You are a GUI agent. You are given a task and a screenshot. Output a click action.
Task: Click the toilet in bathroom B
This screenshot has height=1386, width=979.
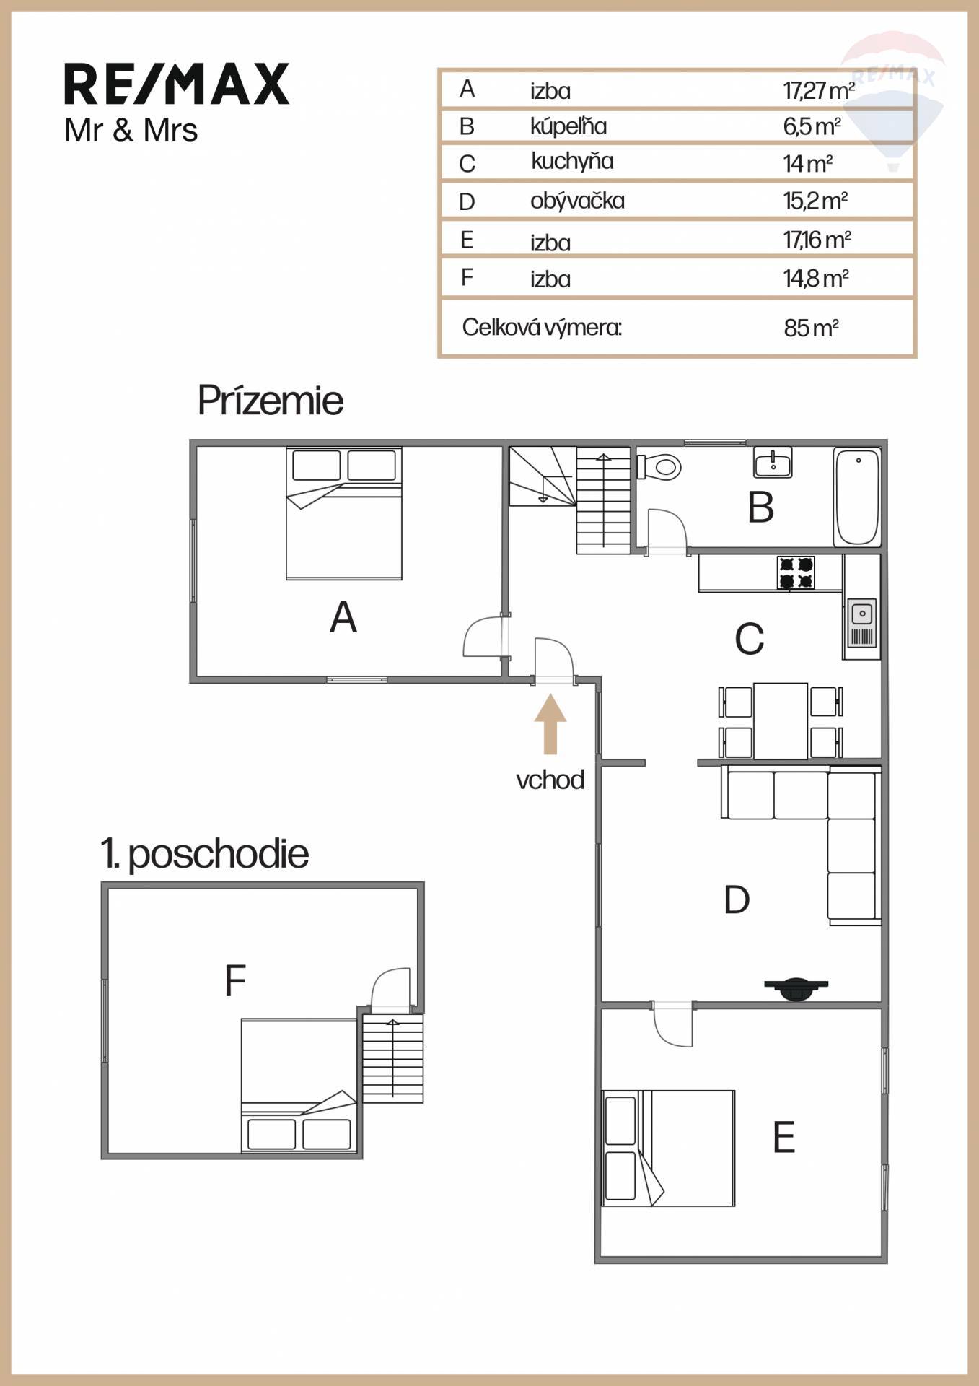(x=659, y=466)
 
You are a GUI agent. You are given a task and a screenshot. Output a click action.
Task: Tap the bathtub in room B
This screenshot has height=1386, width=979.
(x=857, y=497)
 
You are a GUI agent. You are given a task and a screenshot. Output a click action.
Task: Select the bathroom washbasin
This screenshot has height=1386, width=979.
(x=773, y=462)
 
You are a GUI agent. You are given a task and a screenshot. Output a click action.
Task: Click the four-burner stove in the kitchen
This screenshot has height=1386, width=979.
(x=796, y=572)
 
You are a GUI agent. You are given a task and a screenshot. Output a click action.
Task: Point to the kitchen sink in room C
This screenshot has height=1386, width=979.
(x=861, y=622)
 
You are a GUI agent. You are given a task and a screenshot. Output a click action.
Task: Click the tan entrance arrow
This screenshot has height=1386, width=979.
(x=550, y=724)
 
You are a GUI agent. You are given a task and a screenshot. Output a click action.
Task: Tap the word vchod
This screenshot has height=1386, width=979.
(x=550, y=780)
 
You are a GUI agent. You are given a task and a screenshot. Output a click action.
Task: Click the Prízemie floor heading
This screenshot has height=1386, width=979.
(x=271, y=401)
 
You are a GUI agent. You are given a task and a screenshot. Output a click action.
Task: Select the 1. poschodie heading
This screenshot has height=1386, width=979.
(x=205, y=854)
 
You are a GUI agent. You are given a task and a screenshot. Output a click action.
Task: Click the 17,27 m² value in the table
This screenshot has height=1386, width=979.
(x=819, y=91)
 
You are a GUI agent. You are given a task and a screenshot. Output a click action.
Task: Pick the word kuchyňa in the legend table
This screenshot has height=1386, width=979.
(x=572, y=161)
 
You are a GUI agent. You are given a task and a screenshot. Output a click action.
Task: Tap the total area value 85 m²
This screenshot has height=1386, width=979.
(x=811, y=328)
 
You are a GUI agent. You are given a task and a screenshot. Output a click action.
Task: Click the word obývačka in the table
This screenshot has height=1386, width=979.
(x=577, y=201)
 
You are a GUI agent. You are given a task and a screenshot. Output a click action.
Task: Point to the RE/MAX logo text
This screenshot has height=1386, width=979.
(x=177, y=84)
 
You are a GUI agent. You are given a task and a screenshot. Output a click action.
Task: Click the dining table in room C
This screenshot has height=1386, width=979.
(x=781, y=720)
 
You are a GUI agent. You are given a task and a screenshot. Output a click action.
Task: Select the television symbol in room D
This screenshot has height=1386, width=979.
(x=796, y=988)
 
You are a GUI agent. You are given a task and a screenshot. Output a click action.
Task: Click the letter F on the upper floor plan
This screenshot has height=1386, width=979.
(x=235, y=980)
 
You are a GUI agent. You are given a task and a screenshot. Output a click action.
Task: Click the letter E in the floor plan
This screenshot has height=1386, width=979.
(x=783, y=1137)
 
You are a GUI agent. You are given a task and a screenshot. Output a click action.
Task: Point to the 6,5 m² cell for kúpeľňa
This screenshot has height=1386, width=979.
(x=812, y=127)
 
